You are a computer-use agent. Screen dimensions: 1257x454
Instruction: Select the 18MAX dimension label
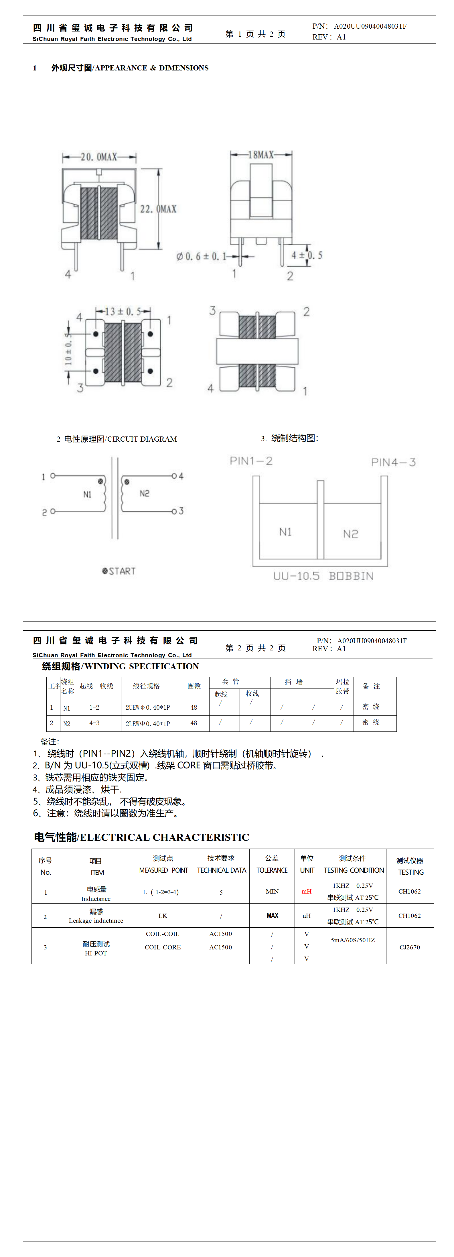coord(261,155)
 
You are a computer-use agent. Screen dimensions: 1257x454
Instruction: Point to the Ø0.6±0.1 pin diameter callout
coord(201,256)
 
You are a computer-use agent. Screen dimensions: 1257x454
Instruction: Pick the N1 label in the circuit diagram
coord(87,494)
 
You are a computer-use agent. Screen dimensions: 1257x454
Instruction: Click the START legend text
coord(119,571)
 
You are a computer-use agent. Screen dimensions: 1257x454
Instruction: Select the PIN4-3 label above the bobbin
coord(393,462)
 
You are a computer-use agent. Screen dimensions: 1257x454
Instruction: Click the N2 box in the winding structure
coord(351,533)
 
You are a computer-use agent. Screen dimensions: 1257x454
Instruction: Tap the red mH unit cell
coord(306,892)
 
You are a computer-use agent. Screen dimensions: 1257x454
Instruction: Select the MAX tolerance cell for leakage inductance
coord(272,916)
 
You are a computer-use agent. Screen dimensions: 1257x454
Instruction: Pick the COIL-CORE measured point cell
coord(163,947)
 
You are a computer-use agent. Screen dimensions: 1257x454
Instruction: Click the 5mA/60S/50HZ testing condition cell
coord(353,940)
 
